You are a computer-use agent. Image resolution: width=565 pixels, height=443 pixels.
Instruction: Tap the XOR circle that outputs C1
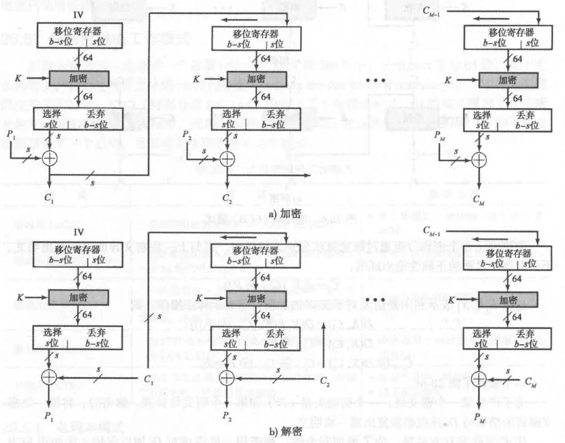pos(50,158)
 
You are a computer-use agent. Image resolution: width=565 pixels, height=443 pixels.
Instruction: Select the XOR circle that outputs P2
pos(227,378)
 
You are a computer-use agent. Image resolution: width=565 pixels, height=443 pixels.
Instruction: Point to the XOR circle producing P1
pos(50,378)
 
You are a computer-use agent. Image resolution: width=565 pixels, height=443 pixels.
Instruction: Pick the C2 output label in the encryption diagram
pos(227,197)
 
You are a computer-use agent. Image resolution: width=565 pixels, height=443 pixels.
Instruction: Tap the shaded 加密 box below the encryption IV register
pos(79,79)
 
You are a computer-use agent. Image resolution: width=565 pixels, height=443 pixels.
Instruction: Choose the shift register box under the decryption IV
pos(78,254)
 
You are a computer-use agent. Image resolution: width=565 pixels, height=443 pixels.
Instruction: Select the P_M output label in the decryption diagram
pos(480,421)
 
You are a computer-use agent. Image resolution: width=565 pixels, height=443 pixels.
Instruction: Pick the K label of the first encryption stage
pos(18,79)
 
